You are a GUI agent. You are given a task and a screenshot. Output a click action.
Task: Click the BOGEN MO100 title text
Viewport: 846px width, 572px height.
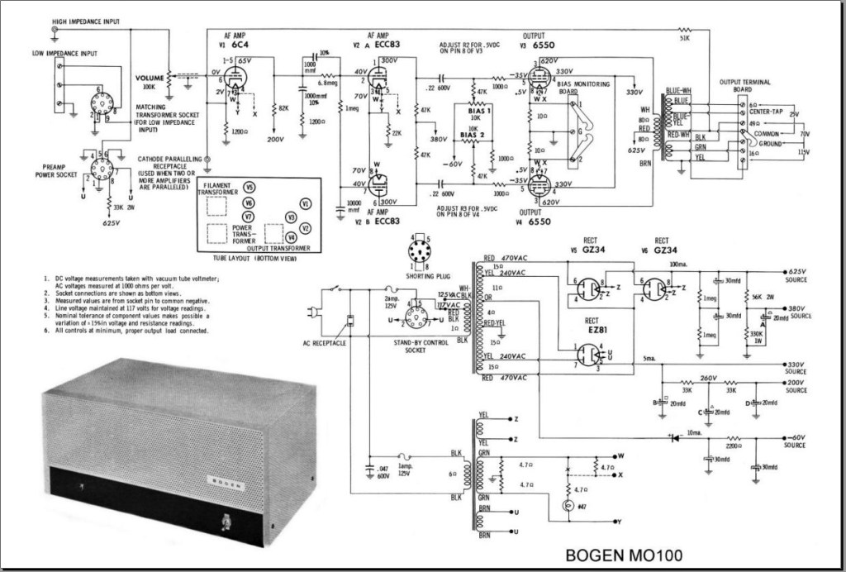pyautogui.click(x=624, y=553)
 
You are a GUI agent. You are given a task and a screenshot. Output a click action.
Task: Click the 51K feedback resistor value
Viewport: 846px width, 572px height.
pyautogui.click(x=684, y=38)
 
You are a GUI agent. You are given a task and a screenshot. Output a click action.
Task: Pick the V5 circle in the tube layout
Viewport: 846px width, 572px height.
pyautogui.click(x=249, y=187)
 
